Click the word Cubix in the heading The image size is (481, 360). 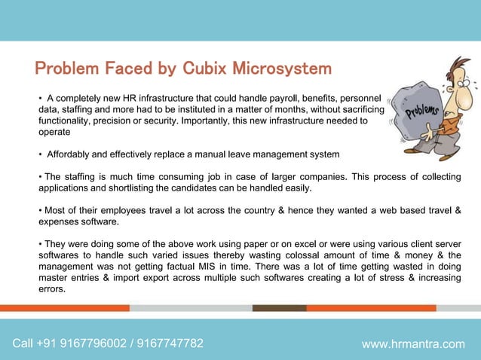click(203, 69)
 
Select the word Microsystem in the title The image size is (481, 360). click(280, 69)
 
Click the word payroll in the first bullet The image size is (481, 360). click(275, 99)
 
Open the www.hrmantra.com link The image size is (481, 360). click(413, 344)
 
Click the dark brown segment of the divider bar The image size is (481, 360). click(279, 308)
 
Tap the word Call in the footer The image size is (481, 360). click(23, 344)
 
